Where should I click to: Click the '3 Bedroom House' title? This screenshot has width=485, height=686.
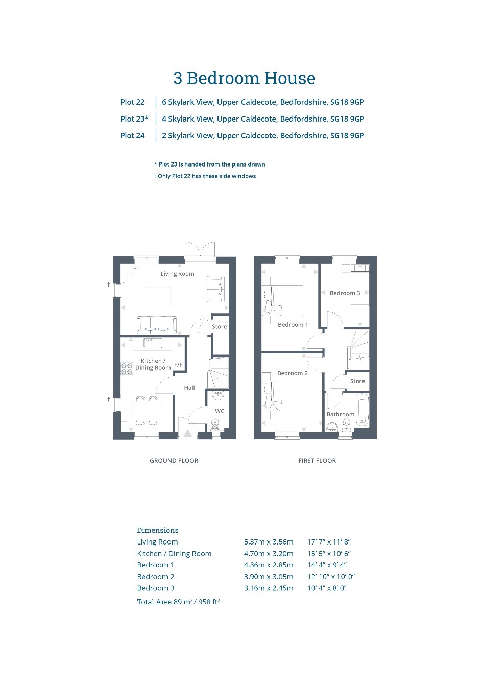click(x=244, y=78)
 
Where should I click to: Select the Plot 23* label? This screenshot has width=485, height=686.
click(x=134, y=119)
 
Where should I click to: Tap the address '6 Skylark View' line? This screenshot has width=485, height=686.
click(x=263, y=102)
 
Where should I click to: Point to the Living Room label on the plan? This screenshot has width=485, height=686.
click(x=178, y=274)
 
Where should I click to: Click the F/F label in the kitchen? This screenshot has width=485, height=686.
click(x=178, y=364)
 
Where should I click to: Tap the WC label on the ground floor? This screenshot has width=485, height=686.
click(x=220, y=411)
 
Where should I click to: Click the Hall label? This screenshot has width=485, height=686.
click(x=189, y=388)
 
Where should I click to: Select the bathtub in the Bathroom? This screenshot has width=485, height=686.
click(x=362, y=410)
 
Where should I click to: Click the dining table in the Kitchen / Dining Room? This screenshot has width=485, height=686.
click(x=147, y=411)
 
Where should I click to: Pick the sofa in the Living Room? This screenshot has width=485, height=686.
click(x=157, y=325)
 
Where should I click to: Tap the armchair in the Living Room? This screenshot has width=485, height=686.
click(x=216, y=289)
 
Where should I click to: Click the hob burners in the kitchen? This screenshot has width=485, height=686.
click(x=127, y=369)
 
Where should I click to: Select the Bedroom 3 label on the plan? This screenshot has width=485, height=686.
click(x=345, y=293)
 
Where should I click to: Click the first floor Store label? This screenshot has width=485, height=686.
click(x=357, y=381)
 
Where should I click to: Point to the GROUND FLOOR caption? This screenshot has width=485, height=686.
click(x=174, y=461)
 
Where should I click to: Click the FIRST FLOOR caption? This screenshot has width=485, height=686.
click(x=318, y=461)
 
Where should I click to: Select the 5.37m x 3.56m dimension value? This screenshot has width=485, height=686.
click(x=269, y=542)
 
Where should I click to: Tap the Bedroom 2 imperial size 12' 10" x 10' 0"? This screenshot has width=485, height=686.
click(x=331, y=577)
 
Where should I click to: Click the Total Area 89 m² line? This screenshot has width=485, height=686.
click(x=178, y=602)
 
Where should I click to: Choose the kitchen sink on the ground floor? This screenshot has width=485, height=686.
click(x=153, y=343)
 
